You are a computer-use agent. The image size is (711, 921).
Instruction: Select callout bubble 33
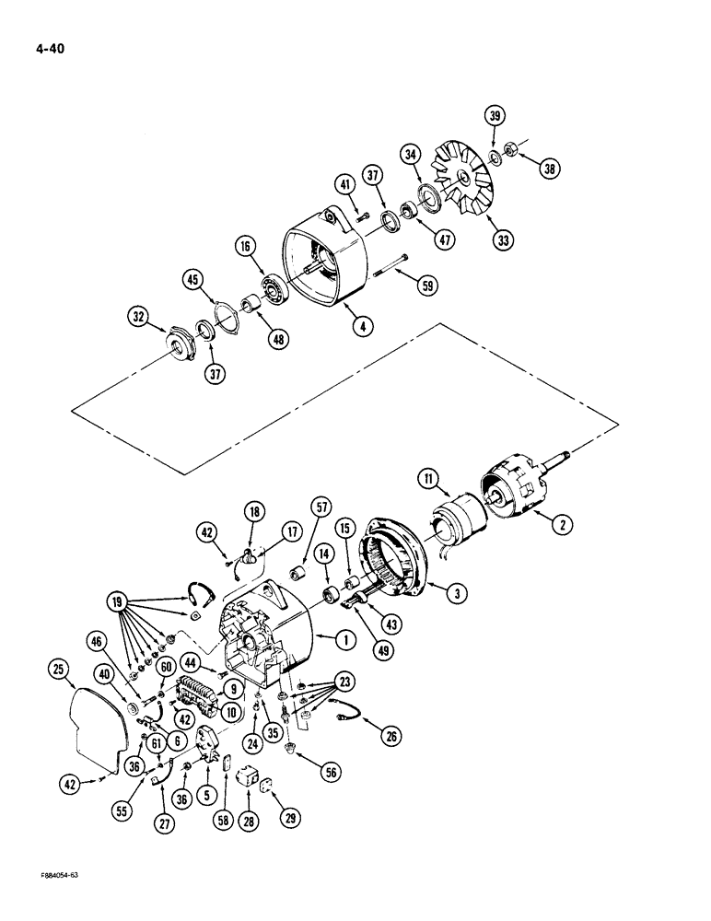pos(502,240)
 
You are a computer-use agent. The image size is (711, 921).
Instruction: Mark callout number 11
pos(428,477)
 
